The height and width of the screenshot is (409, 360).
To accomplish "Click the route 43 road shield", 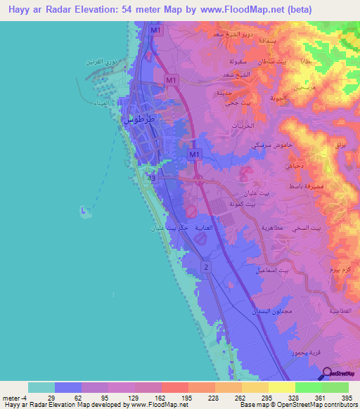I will [151, 178].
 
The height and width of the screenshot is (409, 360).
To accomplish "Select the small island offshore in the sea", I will [86, 210].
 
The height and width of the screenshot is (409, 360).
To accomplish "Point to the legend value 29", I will [51, 398].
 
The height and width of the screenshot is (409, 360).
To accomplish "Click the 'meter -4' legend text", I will [13, 398].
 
